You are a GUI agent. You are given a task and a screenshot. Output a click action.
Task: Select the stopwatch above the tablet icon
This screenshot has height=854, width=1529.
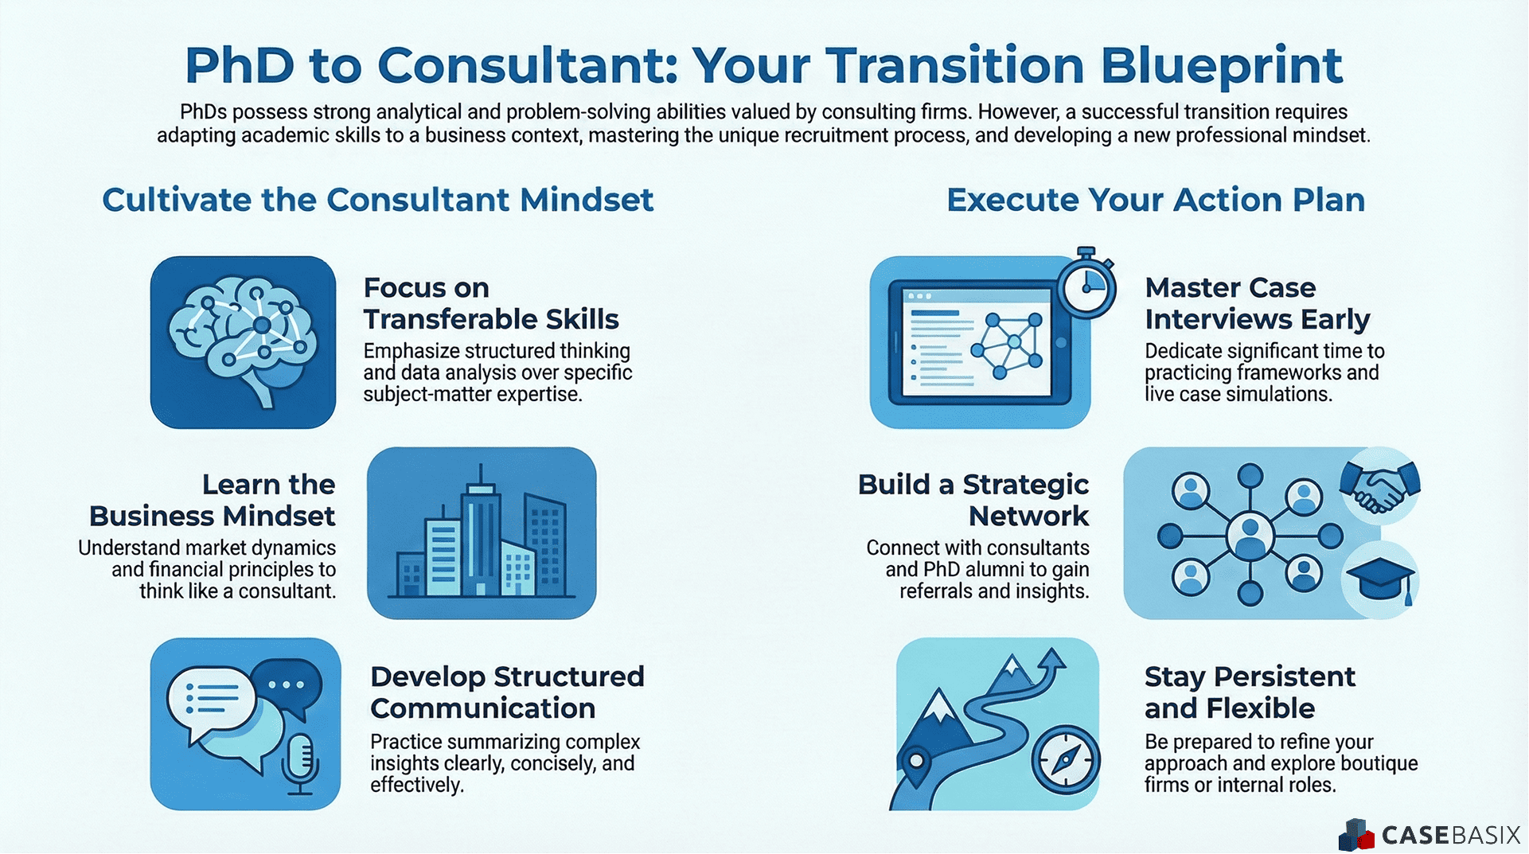[x=1086, y=284]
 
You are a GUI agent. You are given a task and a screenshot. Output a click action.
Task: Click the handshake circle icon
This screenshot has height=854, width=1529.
[x=1379, y=485]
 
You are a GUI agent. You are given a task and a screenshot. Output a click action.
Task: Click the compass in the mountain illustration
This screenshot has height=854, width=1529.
[x=1066, y=760]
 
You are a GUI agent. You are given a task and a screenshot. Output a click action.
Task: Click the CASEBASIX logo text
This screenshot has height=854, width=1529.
[x=1451, y=835]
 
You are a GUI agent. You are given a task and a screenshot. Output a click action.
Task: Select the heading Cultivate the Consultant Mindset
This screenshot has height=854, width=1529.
[x=377, y=200]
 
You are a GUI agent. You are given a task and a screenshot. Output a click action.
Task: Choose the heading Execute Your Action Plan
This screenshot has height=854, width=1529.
[x=1155, y=200]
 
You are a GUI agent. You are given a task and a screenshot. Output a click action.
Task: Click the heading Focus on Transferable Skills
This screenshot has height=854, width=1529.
[x=490, y=303]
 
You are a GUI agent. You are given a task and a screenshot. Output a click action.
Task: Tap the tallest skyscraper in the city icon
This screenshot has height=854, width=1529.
[x=480, y=529]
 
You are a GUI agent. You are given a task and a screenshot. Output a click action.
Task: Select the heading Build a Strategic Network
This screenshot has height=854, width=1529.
[x=973, y=500]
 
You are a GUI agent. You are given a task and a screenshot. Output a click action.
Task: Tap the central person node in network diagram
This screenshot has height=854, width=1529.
[x=1250, y=536]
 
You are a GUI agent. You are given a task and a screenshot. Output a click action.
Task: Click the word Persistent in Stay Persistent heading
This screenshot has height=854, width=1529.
[x=1284, y=677]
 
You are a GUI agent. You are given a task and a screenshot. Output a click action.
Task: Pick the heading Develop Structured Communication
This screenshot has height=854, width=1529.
[x=507, y=692]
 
